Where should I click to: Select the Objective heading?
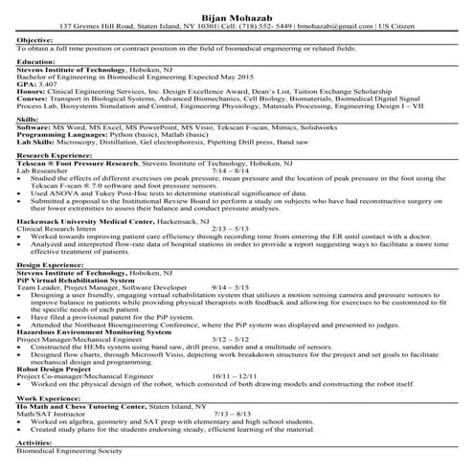34,38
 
